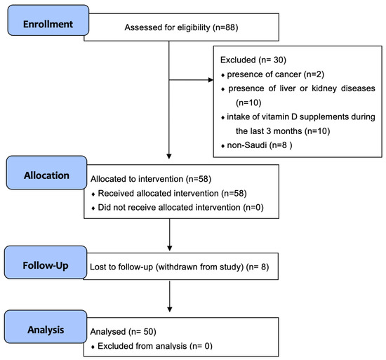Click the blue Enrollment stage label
click(48, 20)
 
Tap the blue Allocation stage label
click(47, 173)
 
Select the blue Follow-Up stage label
click(46, 262)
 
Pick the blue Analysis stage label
click(46, 326)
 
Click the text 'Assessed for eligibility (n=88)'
click(181, 27)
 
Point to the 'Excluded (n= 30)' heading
click(253, 60)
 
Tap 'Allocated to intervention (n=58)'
click(151, 179)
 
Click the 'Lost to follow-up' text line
click(179, 267)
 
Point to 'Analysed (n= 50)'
click(123, 332)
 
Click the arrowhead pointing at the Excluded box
click(211, 80)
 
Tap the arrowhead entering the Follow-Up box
click(169, 248)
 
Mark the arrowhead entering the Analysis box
click(169, 309)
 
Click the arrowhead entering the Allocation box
click(169, 156)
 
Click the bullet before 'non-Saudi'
click(222, 146)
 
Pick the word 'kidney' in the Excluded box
click(324, 88)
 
